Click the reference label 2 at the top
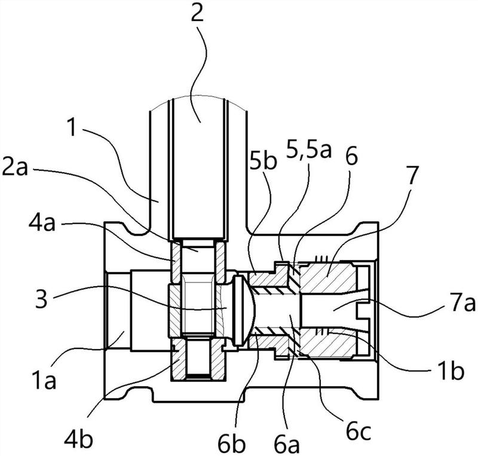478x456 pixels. (197, 11)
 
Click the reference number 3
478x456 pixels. (41, 298)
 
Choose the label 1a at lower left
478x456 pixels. (44, 380)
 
